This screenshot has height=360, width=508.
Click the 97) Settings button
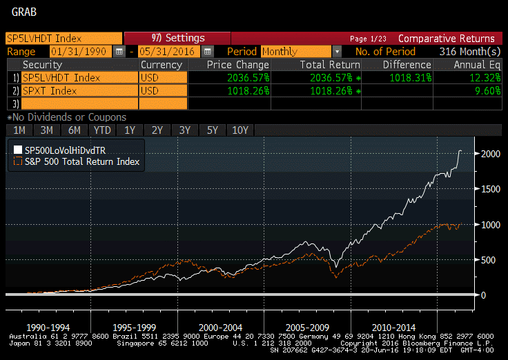pos(177,39)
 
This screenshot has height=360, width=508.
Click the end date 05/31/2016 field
pos(169,52)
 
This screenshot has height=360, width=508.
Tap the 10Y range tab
pos(240,130)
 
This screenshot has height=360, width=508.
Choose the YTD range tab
pos(102,130)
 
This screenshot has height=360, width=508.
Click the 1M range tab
pos(19,130)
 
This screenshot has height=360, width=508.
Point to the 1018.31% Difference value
pos(399,78)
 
